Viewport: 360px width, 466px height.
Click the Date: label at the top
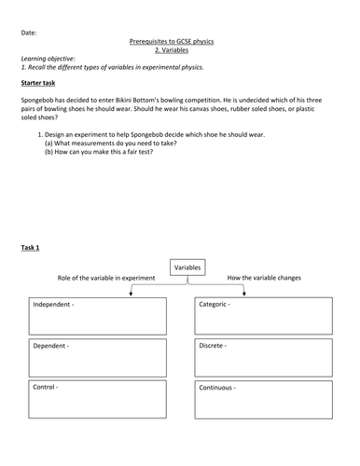point(29,33)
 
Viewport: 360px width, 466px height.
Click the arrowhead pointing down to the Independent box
point(131,295)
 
